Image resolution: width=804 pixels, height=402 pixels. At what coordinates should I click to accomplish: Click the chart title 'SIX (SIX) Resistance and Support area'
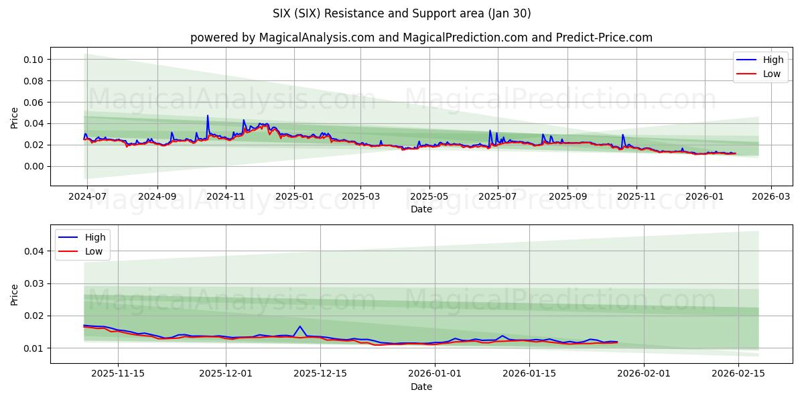pos(401,13)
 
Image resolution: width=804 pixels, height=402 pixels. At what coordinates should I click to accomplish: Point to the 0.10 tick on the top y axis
pos(34,60)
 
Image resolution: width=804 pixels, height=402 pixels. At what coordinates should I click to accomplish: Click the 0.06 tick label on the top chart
pos(34,103)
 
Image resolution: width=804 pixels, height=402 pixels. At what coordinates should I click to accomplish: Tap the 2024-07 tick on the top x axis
pos(88,196)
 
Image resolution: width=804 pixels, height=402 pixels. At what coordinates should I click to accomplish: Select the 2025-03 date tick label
pos(360,196)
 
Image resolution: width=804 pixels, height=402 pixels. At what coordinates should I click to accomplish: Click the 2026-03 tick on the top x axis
pos(770,196)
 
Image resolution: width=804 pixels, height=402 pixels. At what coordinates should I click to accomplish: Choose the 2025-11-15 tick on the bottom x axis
pos(118,374)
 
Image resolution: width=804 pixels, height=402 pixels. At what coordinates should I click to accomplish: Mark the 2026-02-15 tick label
pos(738,374)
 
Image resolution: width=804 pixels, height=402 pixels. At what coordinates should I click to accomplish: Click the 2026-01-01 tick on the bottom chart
pos(435,374)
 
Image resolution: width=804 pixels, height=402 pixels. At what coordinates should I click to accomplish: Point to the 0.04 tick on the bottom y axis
pos(34,251)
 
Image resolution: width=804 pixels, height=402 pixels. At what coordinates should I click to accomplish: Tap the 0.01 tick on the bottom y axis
pos(34,348)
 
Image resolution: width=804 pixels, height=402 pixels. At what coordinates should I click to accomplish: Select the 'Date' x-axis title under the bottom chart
pos(421,387)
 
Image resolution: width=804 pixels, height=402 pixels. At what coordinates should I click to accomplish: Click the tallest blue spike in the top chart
pos(208,116)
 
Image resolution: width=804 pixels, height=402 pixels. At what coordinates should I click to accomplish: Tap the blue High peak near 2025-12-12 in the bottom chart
pos(300,326)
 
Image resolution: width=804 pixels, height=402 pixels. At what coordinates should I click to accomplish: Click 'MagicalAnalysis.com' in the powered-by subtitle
pos(315,38)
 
